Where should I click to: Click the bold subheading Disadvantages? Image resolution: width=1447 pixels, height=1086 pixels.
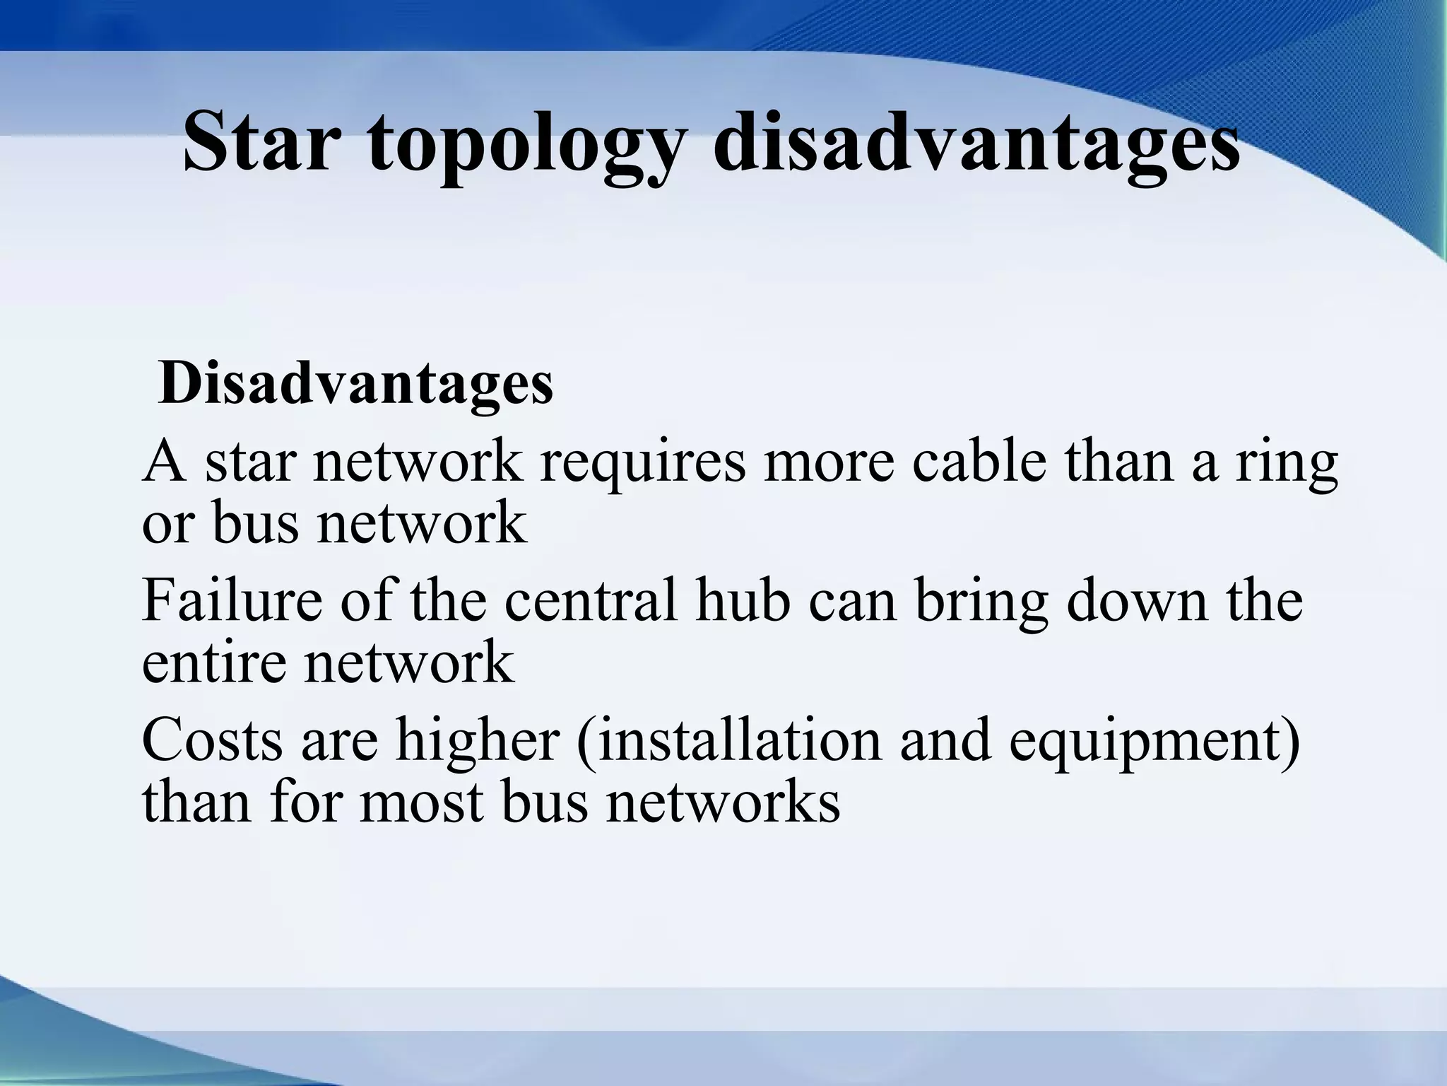(x=356, y=384)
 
